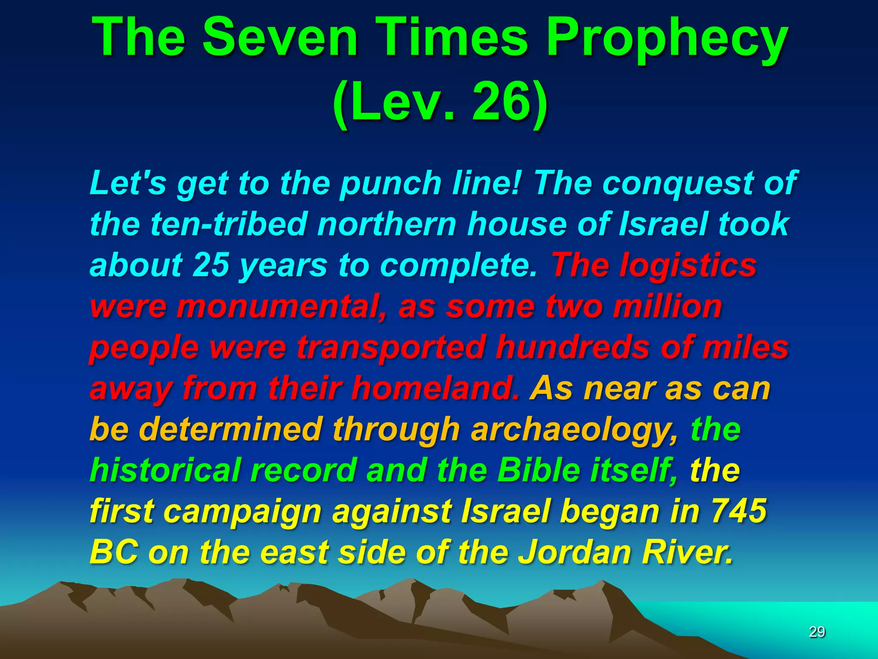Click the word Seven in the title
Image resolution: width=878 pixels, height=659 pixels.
pos(280,38)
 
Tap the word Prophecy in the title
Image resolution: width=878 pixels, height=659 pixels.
pos(667,39)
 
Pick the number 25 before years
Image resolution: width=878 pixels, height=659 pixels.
pos(210,265)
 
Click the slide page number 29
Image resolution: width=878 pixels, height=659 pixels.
pos(817,632)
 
